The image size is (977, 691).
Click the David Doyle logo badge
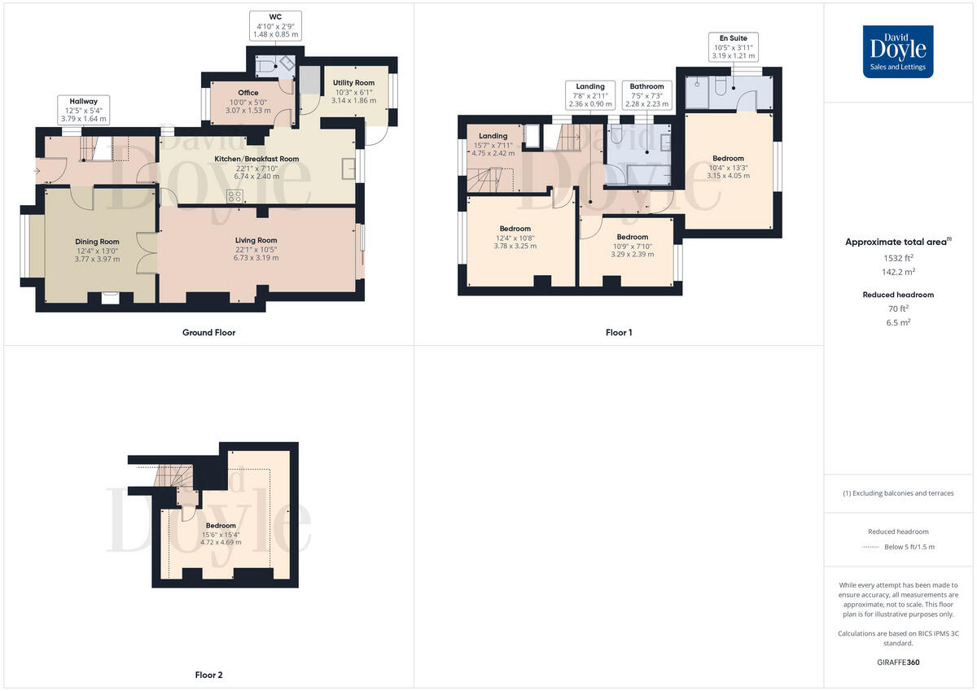[898, 51]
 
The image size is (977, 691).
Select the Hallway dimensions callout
[83, 110]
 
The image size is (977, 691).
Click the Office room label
[248, 101]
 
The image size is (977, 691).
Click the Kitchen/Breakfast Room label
[256, 167]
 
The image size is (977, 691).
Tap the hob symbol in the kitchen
[236, 195]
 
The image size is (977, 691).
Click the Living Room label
[256, 248]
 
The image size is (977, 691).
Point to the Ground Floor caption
[208, 332]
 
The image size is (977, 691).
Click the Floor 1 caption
[619, 332]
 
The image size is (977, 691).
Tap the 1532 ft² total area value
[897, 258]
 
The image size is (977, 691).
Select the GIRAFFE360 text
[898, 663]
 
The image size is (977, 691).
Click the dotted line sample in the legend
[871, 547]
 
